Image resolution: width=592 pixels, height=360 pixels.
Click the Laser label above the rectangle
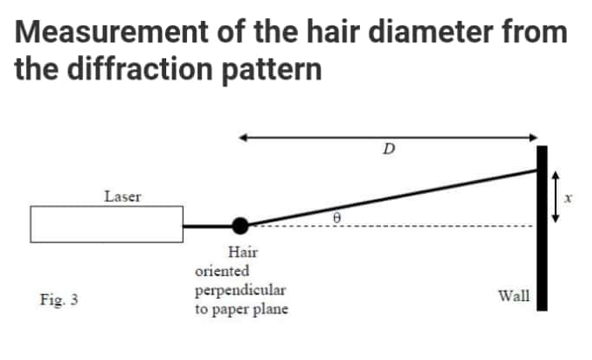click(x=123, y=196)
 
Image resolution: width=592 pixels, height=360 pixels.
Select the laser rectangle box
click(x=106, y=224)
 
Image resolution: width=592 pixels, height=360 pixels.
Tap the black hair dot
click(x=241, y=225)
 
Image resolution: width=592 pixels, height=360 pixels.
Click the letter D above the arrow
click(x=389, y=150)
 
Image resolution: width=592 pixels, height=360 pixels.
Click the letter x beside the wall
click(x=569, y=198)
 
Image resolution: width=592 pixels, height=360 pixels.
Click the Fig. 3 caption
click(x=59, y=300)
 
